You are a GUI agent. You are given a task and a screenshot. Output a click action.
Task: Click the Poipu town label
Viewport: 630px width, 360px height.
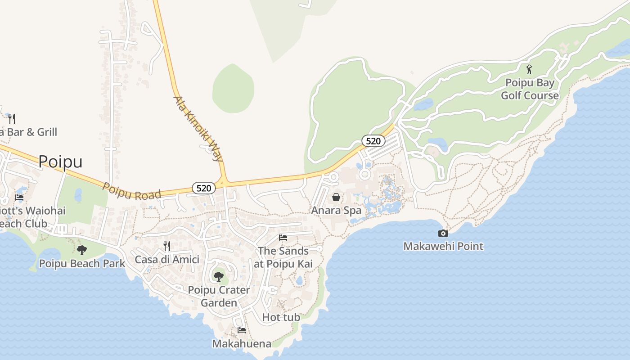[x=60, y=161]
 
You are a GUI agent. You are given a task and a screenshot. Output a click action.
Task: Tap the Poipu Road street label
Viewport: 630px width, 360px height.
[x=131, y=191]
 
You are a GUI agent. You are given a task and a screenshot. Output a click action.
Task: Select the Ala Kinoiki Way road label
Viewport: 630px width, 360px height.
[x=198, y=129]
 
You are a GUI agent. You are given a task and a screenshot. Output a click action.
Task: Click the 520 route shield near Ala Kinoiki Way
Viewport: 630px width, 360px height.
[x=204, y=188]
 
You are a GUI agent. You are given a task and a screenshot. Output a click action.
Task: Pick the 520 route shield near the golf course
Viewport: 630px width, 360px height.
[x=373, y=141]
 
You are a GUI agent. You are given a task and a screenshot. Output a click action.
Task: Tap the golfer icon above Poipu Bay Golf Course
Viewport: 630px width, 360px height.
[x=529, y=69]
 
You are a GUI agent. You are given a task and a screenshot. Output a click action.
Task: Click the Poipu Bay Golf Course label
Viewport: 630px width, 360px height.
[x=530, y=89]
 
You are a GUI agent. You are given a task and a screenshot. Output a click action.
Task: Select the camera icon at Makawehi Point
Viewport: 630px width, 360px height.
[x=443, y=233]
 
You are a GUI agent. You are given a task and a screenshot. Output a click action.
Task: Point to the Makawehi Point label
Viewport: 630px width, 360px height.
[x=443, y=246]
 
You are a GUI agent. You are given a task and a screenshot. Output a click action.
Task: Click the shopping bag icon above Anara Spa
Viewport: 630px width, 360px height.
[x=336, y=197]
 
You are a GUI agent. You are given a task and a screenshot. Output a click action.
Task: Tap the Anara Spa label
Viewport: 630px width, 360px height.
[x=336, y=210]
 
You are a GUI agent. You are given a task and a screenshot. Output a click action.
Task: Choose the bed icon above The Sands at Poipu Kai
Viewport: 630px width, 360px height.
[x=283, y=237]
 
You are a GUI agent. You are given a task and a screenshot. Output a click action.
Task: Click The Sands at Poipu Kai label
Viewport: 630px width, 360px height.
[x=283, y=257]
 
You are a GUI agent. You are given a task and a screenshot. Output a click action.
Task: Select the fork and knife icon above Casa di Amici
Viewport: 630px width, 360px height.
[x=167, y=246]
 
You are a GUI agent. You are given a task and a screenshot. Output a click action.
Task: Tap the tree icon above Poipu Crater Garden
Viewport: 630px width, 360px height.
[x=219, y=276]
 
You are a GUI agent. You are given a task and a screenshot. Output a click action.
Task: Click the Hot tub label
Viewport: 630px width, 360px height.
[x=281, y=317]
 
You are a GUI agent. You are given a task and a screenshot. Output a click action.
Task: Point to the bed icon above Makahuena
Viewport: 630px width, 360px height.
[x=242, y=330]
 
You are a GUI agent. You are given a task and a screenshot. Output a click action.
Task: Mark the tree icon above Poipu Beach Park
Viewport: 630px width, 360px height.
[x=82, y=250]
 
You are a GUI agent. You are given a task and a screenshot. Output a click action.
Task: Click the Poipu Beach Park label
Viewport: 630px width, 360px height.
[x=82, y=263]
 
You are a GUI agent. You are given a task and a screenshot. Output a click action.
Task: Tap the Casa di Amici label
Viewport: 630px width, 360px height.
[x=167, y=259]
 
